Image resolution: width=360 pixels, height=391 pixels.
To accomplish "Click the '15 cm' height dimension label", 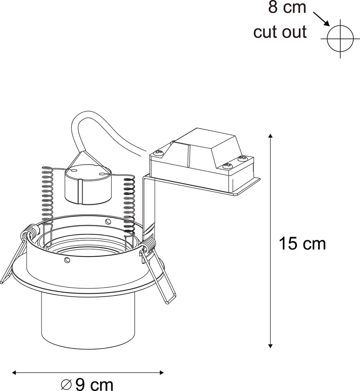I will (x=302, y=243).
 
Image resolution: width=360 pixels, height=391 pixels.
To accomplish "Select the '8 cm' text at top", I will (x=287, y=7).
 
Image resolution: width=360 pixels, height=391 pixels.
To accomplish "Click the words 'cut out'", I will (x=280, y=32).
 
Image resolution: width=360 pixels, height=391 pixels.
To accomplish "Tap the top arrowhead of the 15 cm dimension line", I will (x=271, y=136).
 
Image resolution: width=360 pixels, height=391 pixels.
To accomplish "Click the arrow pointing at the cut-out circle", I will (x=322, y=19).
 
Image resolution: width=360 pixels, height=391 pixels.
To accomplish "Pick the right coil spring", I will (x=129, y=203).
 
